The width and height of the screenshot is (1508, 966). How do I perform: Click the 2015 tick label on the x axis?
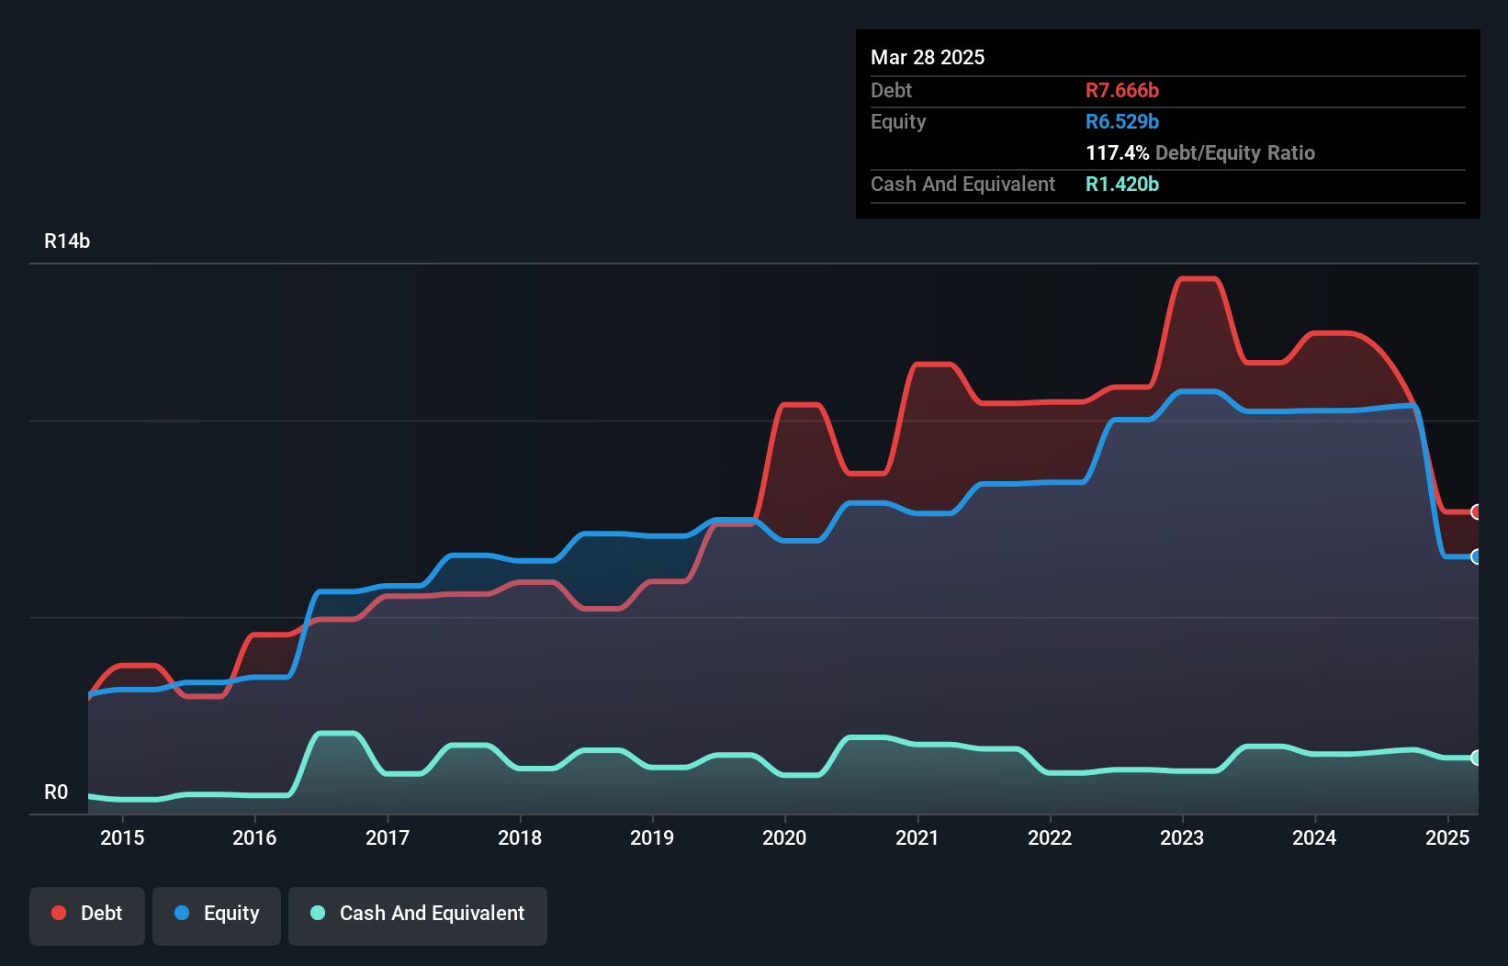pos(122,837)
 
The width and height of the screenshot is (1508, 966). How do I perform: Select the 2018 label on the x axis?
pos(520,837)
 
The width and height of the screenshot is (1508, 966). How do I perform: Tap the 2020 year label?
pos(784,837)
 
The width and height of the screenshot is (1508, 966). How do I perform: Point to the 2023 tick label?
pos(1182,837)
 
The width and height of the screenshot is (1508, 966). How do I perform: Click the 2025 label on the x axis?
pos(1447,837)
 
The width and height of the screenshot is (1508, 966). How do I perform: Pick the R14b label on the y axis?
pos(67,241)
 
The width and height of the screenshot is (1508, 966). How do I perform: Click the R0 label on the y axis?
pos(56,792)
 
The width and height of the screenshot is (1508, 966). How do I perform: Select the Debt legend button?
pos(87,914)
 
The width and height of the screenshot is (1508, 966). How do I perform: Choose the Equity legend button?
pos(217,914)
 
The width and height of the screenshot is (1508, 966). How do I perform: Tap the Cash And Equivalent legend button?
pos(418,914)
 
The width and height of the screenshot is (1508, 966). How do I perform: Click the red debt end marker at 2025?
pos(1476,511)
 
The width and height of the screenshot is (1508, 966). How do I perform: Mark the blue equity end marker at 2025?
pos(1476,556)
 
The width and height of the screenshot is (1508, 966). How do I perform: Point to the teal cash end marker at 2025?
pos(1476,758)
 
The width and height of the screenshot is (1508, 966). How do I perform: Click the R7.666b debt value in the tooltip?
pos(1121,91)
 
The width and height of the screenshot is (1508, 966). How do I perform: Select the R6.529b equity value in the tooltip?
pos(1121,122)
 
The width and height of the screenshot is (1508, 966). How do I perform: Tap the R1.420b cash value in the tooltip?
pos(1121,185)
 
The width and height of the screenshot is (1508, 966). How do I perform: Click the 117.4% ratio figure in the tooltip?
pos(1117,153)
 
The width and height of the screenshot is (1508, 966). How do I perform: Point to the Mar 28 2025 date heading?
pos(928,58)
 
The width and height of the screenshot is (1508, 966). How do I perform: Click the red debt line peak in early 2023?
pos(1199,279)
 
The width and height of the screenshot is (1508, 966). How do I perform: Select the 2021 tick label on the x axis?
pos(917,837)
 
